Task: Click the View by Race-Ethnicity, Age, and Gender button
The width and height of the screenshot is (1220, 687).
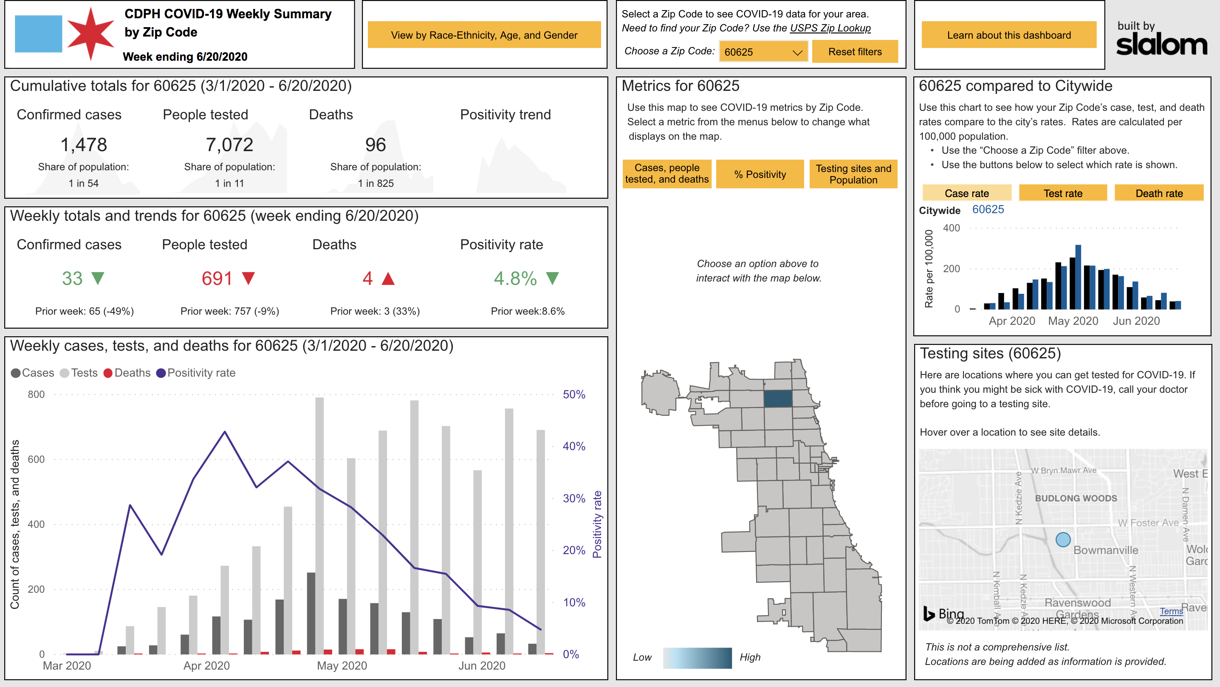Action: point(483,35)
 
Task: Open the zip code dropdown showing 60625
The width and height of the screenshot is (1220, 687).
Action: point(763,52)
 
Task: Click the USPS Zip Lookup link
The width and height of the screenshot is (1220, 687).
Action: point(830,28)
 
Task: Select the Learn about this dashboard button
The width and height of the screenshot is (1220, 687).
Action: point(1008,35)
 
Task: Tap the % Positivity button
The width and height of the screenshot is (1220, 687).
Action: point(759,174)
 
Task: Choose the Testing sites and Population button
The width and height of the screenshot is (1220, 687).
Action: point(853,174)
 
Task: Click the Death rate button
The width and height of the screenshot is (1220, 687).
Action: point(1158,193)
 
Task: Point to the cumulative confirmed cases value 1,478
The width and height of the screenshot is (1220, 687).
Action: point(84,144)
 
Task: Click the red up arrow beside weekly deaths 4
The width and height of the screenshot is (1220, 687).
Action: point(388,279)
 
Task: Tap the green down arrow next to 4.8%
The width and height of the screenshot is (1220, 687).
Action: point(552,278)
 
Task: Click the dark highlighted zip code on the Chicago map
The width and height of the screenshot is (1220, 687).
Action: point(777,399)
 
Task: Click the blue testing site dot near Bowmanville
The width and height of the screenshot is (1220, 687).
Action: point(1063,539)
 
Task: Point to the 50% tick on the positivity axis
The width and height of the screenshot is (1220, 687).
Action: point(573,394)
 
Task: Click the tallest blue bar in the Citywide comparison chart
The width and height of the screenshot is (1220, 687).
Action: point(1078,277)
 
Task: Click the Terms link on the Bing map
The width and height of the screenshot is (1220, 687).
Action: point(1171,611)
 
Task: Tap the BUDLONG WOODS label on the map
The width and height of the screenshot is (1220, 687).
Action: point(1076,498)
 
